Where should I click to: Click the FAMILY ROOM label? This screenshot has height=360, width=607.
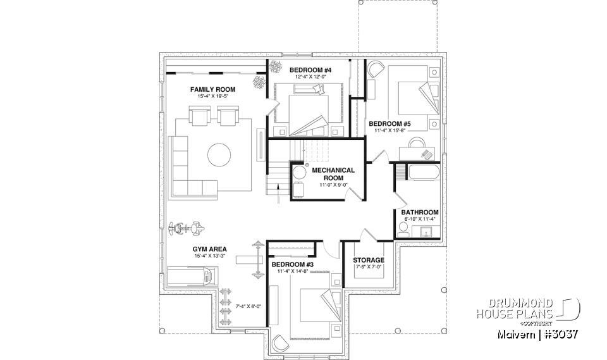[212, 90]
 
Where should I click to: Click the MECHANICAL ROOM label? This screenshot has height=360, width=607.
[333, 174]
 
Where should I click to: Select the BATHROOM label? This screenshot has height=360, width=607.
[420, 212]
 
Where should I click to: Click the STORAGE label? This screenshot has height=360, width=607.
[368, 260]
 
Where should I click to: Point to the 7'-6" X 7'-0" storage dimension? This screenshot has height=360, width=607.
[368, 268]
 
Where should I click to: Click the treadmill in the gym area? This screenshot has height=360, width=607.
[193, 276]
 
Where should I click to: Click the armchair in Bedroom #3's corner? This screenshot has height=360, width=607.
[278, 342]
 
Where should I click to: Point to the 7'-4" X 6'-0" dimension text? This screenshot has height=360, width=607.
[248, 306]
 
